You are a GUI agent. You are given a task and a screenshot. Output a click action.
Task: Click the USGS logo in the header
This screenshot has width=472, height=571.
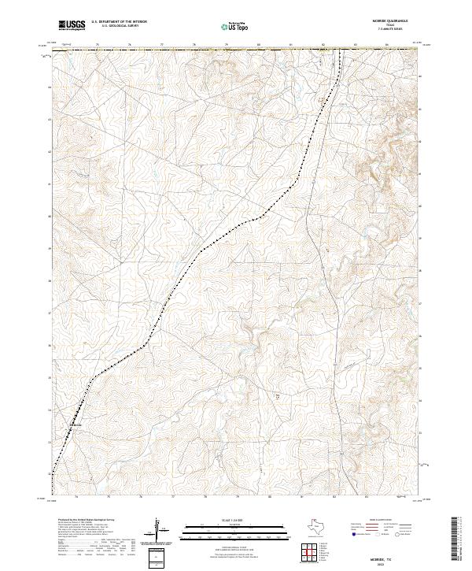tap(72, 25)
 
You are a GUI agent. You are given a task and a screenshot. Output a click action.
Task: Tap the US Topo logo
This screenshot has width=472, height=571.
tap(236, 26)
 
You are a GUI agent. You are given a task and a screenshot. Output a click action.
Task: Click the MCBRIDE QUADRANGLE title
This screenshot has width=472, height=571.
tap(395, 22)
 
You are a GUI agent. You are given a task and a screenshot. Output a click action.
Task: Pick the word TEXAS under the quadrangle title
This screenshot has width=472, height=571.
tap(395, 26)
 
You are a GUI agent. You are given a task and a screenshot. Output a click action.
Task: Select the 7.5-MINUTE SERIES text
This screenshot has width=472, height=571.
tap(395, 30)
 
